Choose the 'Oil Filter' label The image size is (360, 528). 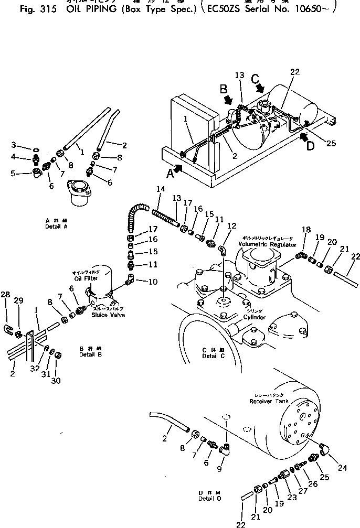pos(86,279)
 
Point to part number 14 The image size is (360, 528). pos(161,189)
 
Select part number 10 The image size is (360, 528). pos(153,282)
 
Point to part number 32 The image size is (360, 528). pos(35,369)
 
